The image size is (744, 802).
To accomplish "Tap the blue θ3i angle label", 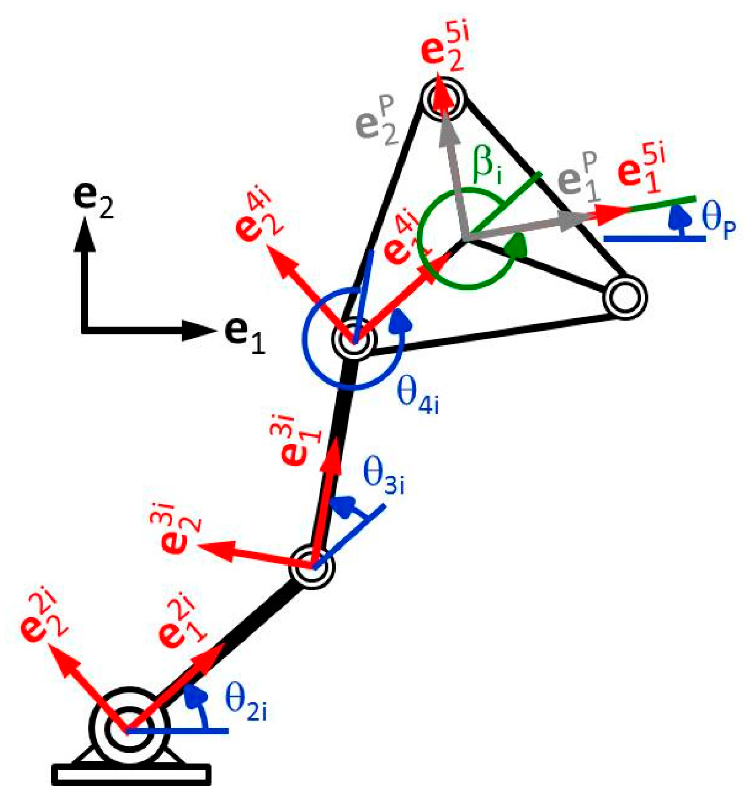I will pos(383,476).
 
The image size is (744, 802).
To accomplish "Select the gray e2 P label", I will pos(377,122).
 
